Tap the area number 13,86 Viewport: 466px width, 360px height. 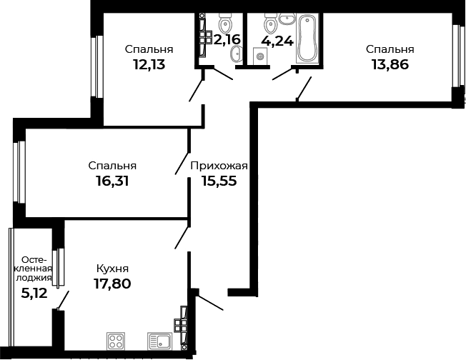[x=390, y=64]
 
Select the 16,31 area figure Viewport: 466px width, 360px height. [x=112, y=181]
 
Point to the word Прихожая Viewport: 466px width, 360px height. [x=219, y=166]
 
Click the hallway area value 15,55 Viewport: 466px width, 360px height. [x=219, y=181]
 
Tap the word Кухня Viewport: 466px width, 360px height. [x=112, y=269]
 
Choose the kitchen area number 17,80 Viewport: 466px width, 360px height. [x=112, y=284]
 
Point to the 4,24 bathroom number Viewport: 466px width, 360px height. [x=277, y=41]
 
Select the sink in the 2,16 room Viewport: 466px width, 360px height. [x=234, y=55]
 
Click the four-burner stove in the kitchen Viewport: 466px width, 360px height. [x=116, y=341]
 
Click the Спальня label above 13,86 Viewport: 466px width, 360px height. [x=390, y=49]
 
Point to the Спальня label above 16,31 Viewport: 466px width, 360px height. [x=112, y=166]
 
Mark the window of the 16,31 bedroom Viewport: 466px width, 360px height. [x=20, y=171]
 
